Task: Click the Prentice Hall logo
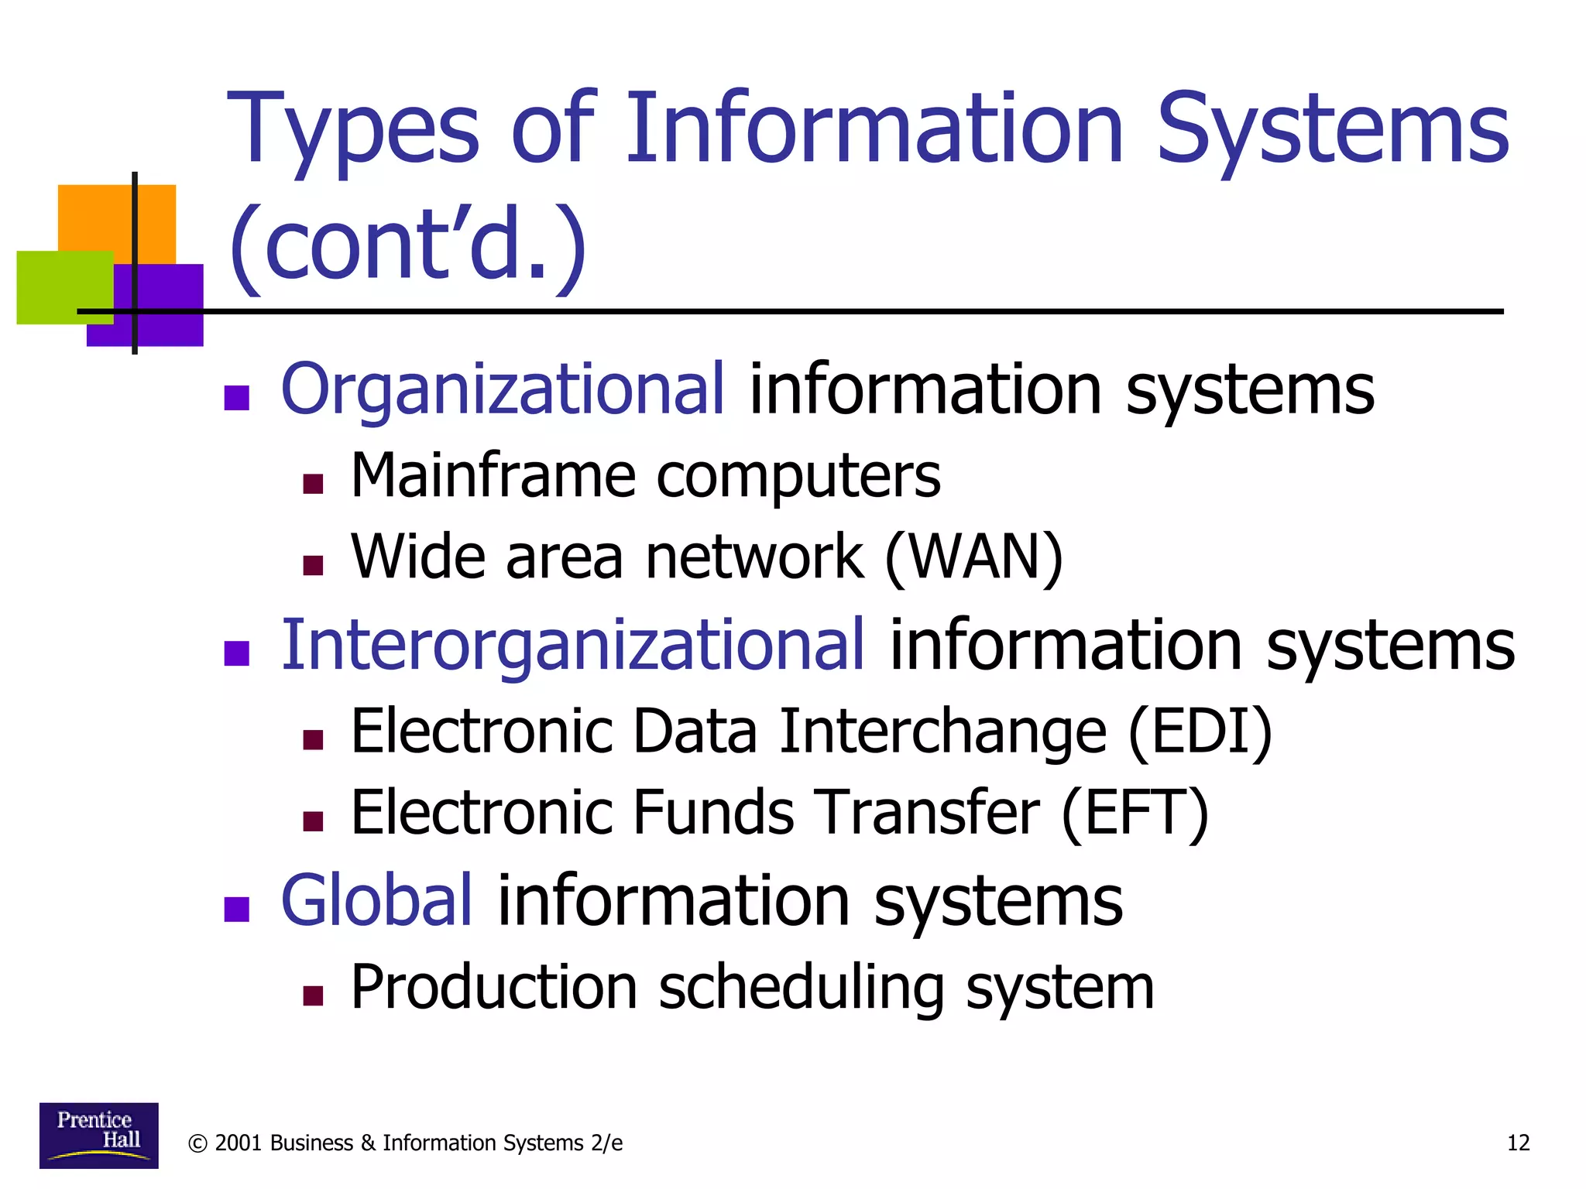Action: pos(98,1135)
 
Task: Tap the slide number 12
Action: pos(1518,1143)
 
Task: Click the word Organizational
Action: pos(503,389)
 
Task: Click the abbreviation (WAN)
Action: pos(973,557)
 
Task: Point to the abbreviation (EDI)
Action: pos(1200,732)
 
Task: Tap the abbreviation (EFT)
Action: pos(1135,813)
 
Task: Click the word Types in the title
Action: pos(353,130)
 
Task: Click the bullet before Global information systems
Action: pos(236,909)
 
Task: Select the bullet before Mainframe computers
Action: pos(313,485)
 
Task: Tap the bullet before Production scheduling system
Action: pos(313,995)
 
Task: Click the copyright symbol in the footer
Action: pos(197,1144)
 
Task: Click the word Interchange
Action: pos(943,732)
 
